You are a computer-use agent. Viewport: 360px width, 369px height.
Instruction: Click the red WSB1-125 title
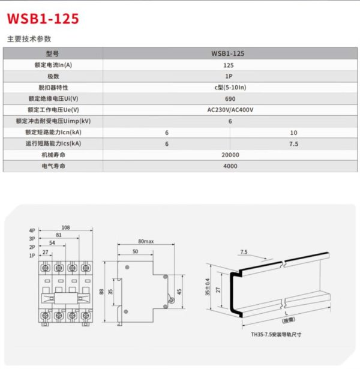tap(43, 19)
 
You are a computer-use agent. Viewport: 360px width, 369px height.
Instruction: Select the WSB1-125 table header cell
tap(228, 53)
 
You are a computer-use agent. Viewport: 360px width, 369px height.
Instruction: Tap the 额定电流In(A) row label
tap(53, 65)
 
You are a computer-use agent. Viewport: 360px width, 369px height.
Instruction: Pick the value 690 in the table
tap(229, 98)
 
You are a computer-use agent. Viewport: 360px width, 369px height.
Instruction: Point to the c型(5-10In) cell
tap(229, 87)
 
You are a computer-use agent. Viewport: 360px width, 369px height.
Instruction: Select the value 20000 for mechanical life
tap(230, 155)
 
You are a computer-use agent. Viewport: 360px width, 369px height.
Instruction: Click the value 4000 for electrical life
tap(230, 166)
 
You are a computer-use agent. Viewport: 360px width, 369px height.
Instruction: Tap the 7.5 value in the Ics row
tap(293, 143)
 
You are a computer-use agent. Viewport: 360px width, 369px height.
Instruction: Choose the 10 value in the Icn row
tap(293, 132)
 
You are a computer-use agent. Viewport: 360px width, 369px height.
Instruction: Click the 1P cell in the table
tap(229, 76)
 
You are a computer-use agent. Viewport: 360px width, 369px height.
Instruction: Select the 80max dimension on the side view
tap(146, 242)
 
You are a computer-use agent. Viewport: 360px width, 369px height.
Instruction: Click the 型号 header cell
tap(53, 53)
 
